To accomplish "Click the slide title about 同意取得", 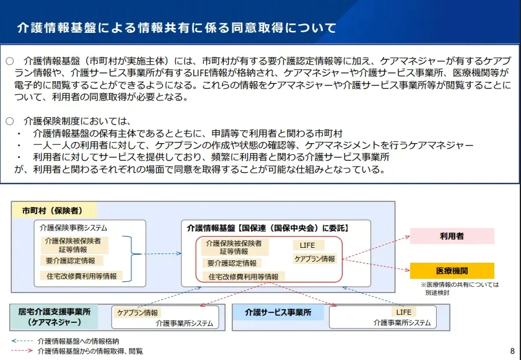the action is tap(177, 28).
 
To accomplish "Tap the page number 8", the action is tap(512, 351).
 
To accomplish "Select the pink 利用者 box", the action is tap(452, 236).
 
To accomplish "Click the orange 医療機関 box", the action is tap(452, 271).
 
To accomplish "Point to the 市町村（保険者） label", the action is tap(53, 211).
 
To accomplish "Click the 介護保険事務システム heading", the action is tap(74, 228).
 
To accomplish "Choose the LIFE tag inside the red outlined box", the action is tap(308, 245).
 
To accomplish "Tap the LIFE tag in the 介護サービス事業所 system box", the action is tap(404, 312).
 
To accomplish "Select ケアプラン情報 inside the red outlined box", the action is tap(315, 258).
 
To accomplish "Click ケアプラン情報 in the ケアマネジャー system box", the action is tap(138, 312).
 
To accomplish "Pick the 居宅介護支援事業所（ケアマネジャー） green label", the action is tap(54, 317).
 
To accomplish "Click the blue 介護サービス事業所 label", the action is tap(278, 312).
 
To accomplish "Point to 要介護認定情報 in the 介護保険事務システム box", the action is tap(71, 261).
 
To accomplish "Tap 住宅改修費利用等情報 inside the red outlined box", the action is tap(243, 276).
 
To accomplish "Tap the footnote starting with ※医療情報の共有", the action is tap(460, 289).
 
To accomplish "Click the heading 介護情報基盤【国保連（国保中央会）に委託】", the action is tap(268, 228).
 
